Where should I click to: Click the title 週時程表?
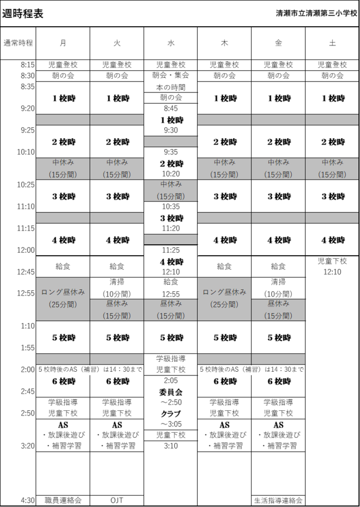point(22,14)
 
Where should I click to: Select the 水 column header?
point(171,43)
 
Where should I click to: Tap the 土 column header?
point(332,43)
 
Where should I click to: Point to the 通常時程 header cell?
point(18,43)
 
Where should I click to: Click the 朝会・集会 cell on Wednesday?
point(171,76)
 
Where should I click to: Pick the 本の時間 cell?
point(171,87)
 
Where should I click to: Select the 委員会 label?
point(171,392)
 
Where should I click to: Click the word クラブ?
point(171,414)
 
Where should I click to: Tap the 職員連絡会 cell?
point(63,500)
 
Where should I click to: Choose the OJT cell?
point(117,500)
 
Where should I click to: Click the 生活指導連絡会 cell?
point(278,500)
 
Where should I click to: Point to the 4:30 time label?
point(28,500)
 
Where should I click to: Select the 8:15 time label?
point(28,65)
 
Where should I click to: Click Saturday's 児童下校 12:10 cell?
point(332,267)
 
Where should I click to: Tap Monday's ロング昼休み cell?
point(63,299)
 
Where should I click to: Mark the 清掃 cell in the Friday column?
point(278,288)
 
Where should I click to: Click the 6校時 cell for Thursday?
point(224,382)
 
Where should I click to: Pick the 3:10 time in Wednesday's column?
point(171,446)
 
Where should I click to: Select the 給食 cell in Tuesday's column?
point(117,267)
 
